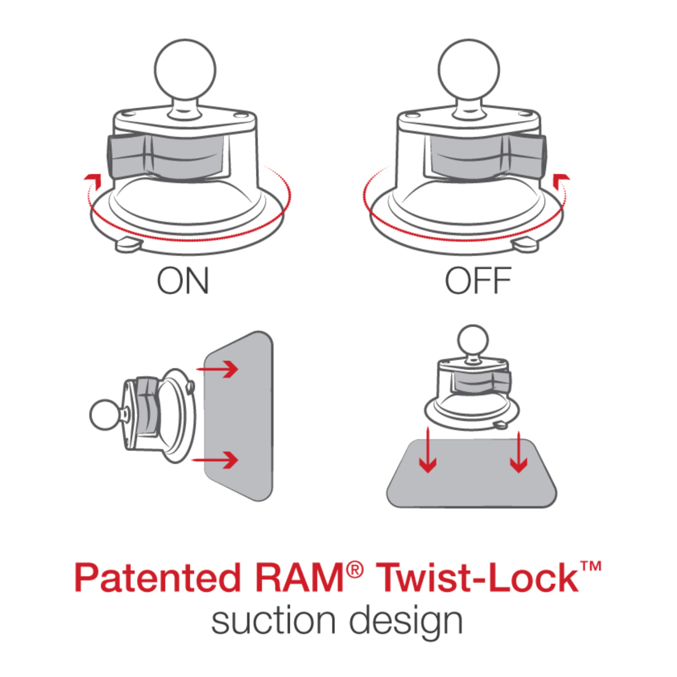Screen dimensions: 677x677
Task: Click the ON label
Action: point(183,281)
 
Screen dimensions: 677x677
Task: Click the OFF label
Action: point(478,281)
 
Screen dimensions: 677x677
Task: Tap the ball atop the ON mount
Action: point(185,70)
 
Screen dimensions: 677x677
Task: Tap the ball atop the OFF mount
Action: point(469,70)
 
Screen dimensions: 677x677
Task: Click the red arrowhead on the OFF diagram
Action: point(561,180)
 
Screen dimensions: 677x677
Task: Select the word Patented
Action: point(158,578)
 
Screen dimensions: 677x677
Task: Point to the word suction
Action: point(273,621)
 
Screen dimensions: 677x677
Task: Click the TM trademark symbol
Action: point(591,566)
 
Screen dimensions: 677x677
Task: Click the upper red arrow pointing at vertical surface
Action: point(217,369)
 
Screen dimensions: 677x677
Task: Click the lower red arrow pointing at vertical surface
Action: point(216,460)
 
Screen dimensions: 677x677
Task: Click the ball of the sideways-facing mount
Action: point(105,415)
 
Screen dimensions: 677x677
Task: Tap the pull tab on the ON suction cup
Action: point(129,245)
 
